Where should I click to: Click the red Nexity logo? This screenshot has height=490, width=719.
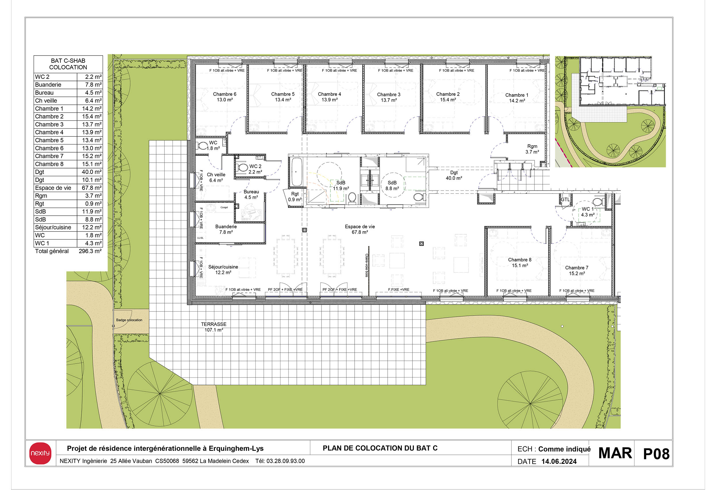pyautogui.click(x=40, y=453)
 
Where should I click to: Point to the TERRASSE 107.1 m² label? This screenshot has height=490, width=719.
pyautogui.click(x=213, y=327)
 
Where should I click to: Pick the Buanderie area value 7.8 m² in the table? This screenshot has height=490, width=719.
pyautogui.click(x=93, y=85)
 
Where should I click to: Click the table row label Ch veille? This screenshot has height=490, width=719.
pyautogui.click(x=46, y=101)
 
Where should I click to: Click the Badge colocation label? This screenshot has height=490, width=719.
pyautogui.click(x=129, y=320)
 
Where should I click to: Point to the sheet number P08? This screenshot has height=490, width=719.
pyautogui.click(x=656, y=454)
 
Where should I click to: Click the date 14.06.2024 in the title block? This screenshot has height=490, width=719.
pyautogui.click(x=559, y=461)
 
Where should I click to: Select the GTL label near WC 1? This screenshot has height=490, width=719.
pyautogui.click(x=565, y=200)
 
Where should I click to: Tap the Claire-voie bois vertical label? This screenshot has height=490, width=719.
pyautogui.click(x=367, y=265)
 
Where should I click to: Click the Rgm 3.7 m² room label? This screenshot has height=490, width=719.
pyautogui.click(x=532, y=149)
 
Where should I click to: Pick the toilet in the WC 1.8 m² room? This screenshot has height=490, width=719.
pyautogui.click(x=203, y=146)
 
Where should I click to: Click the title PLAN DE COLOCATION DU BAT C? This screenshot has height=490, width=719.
pyautogui.click(x=380, y=448)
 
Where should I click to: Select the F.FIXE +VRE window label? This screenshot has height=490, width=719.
pyautogui.click(x=399, y=290)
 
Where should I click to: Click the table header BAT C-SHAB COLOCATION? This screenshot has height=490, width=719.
pyautogui.click(x=68, y=64)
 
